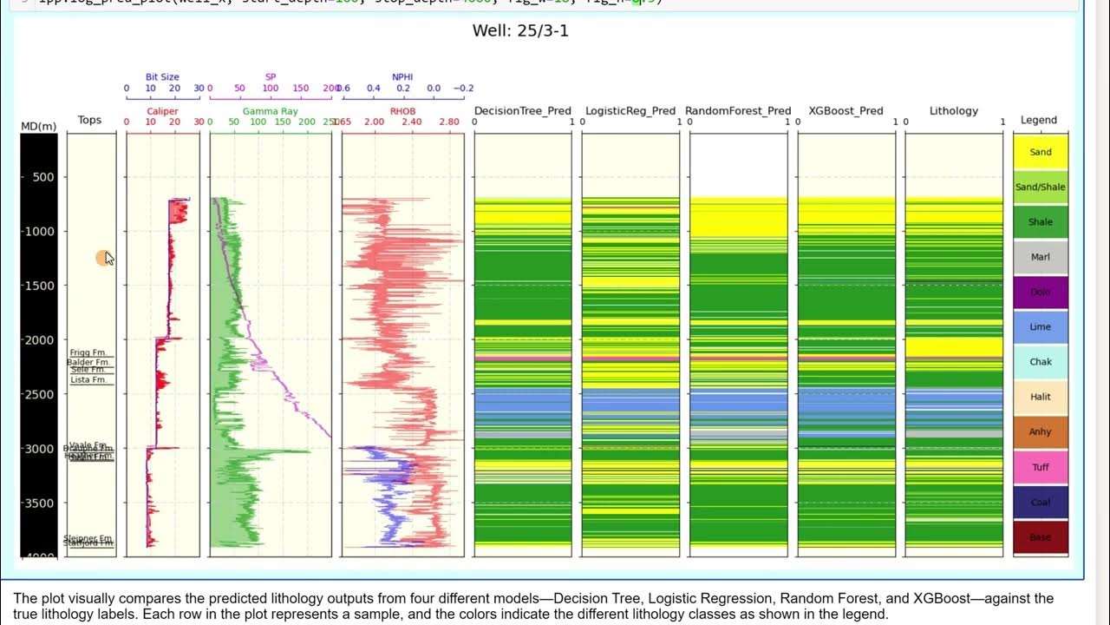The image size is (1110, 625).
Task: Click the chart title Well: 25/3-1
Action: [x=520, y=31]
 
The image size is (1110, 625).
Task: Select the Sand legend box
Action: [x=1040, y=152]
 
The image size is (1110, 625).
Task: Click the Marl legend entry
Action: [x=1040, y=257]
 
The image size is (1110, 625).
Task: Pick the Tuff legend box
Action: [x=1040, y=467]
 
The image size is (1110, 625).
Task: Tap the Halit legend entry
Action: [x=1040, y=397]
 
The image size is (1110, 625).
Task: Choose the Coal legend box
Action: [x=1040, y=502]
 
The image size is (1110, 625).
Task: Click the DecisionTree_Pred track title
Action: [x=522, y=111]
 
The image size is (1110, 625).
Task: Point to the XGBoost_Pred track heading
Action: [x=846, y=111]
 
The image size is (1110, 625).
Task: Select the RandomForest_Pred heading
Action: [x=738, y=111]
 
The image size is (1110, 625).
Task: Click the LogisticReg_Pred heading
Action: [x=630, y=111]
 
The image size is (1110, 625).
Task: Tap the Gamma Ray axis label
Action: [x=270, y=112]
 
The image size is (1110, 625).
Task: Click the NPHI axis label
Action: [x=402, y=77]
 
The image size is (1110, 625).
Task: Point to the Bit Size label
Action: [x=162, y=77]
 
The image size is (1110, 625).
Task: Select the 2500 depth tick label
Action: [x=39, y=394]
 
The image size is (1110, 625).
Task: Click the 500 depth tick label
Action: [x=42, y=177]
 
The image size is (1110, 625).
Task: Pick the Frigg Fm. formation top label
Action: [x=88, y=352]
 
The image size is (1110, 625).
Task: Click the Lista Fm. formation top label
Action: [x=88, y=380]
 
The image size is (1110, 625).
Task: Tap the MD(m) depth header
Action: [x=39, y=127]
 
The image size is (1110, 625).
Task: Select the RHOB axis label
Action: [x=402, y=112]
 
